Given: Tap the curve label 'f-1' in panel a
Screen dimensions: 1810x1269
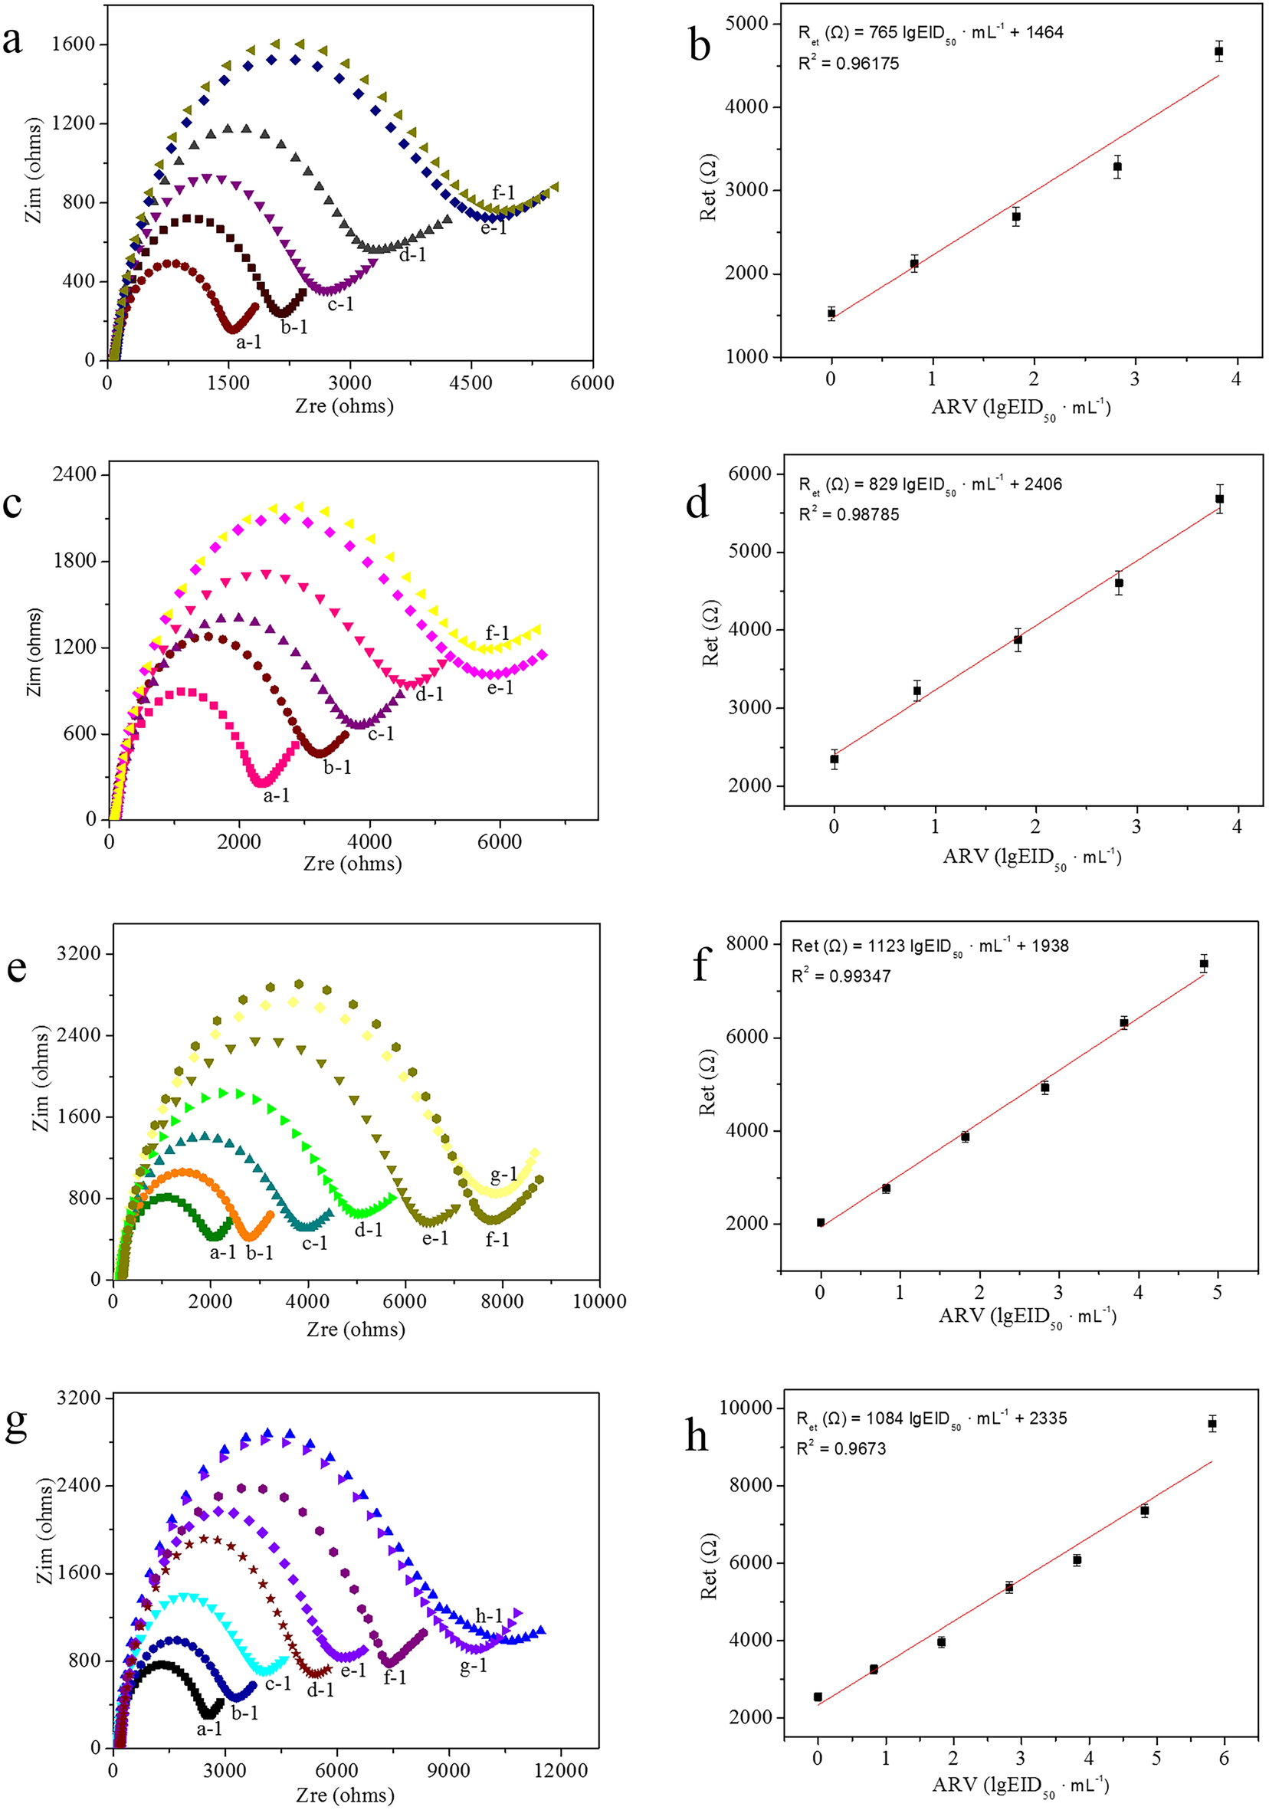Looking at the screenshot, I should tap(503, 192).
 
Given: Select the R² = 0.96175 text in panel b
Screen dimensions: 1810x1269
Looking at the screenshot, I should tap(848, 64).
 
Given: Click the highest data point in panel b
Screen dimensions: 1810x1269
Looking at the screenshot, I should tap(1218, 52).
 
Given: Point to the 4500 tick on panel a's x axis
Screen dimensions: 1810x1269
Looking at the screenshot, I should tap(471, 382).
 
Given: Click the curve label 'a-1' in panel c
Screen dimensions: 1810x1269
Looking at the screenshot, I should tap(276, 795).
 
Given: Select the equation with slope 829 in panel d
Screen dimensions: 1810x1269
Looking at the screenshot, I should tap(930, 484).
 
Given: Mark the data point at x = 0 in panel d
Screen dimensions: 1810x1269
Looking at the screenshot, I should tap(834, 759).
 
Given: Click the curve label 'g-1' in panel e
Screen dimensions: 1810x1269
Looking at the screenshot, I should tap(503, 1176).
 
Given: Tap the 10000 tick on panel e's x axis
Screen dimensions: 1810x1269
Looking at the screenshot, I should tap(599, 1301).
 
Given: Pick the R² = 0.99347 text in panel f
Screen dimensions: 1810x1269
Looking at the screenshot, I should tap(840, 976).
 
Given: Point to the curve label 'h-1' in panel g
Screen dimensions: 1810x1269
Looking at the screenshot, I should tap(488, 1616).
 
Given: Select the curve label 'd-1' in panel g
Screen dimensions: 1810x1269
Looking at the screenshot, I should tap(320, 1690).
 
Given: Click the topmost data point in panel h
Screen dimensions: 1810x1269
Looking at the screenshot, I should tap(1212, 1424).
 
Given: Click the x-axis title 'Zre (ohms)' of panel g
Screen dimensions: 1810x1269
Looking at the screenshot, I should tap(344, 1795).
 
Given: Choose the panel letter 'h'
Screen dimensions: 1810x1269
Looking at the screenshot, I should tap(697, 1436).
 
